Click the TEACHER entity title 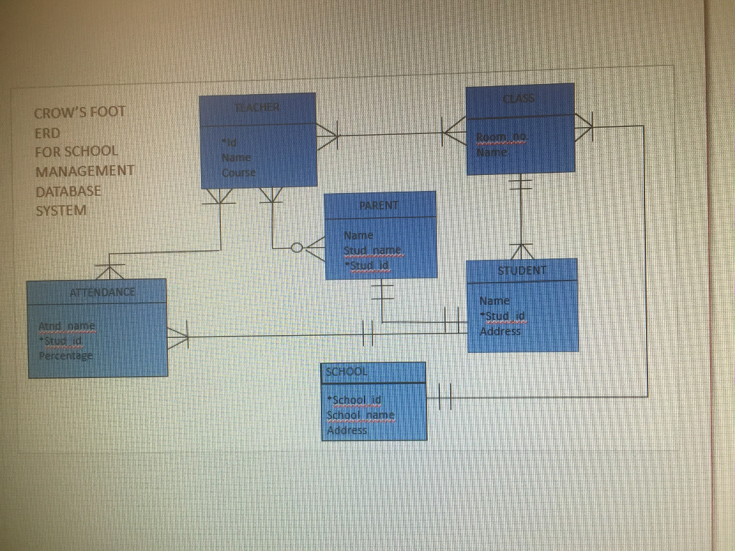(x=257, y=107)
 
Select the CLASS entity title (x=519, y=98)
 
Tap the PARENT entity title (x=379, y=205)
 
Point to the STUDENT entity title (x=522, y=270)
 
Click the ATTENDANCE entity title (x=102, y=293)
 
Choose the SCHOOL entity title (x=347, y=372)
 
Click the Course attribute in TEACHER (x=238, y=173)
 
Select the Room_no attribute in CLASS (x=501, y=137)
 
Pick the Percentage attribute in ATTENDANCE (x=65, y=356)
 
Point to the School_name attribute (x=360, y=415)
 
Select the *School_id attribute (x=355, y=400)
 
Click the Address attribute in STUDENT (x=500, y=331)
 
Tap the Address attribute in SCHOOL (x=347, y=430)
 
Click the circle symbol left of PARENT (x=297, y=248)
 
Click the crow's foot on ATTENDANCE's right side (x=178, y=336)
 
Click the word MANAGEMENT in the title (x=85, y=171)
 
